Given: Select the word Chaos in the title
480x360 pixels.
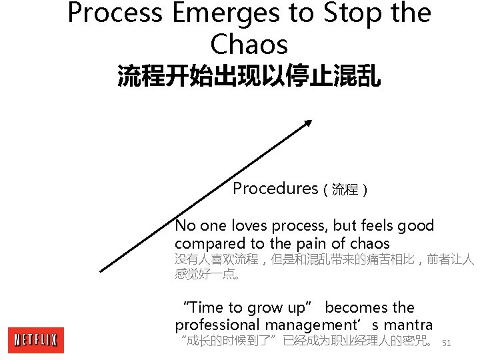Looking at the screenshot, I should pos(249,44).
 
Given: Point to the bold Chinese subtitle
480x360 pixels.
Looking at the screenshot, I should pos(249,76).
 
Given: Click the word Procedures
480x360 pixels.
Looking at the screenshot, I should pos(275,189).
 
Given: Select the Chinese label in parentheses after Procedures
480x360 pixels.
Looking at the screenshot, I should pos(345,190).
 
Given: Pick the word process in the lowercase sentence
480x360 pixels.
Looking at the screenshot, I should pos(300,227).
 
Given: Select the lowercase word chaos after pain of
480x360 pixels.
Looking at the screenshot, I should pos(368,244).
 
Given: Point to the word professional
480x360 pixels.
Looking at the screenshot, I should pos(217,325).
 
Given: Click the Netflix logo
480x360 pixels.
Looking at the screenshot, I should pos(35,340).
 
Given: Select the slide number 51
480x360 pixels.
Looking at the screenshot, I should pos(447,343).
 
